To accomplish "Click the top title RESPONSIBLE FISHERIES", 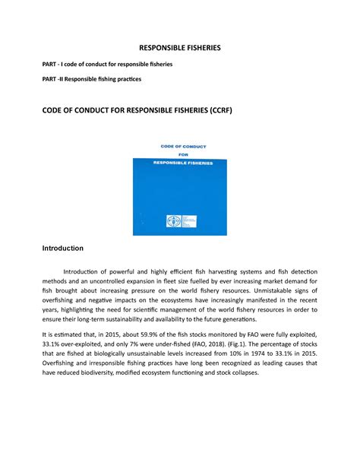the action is coord(180,47).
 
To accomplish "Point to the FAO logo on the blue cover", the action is coord(172,222).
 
